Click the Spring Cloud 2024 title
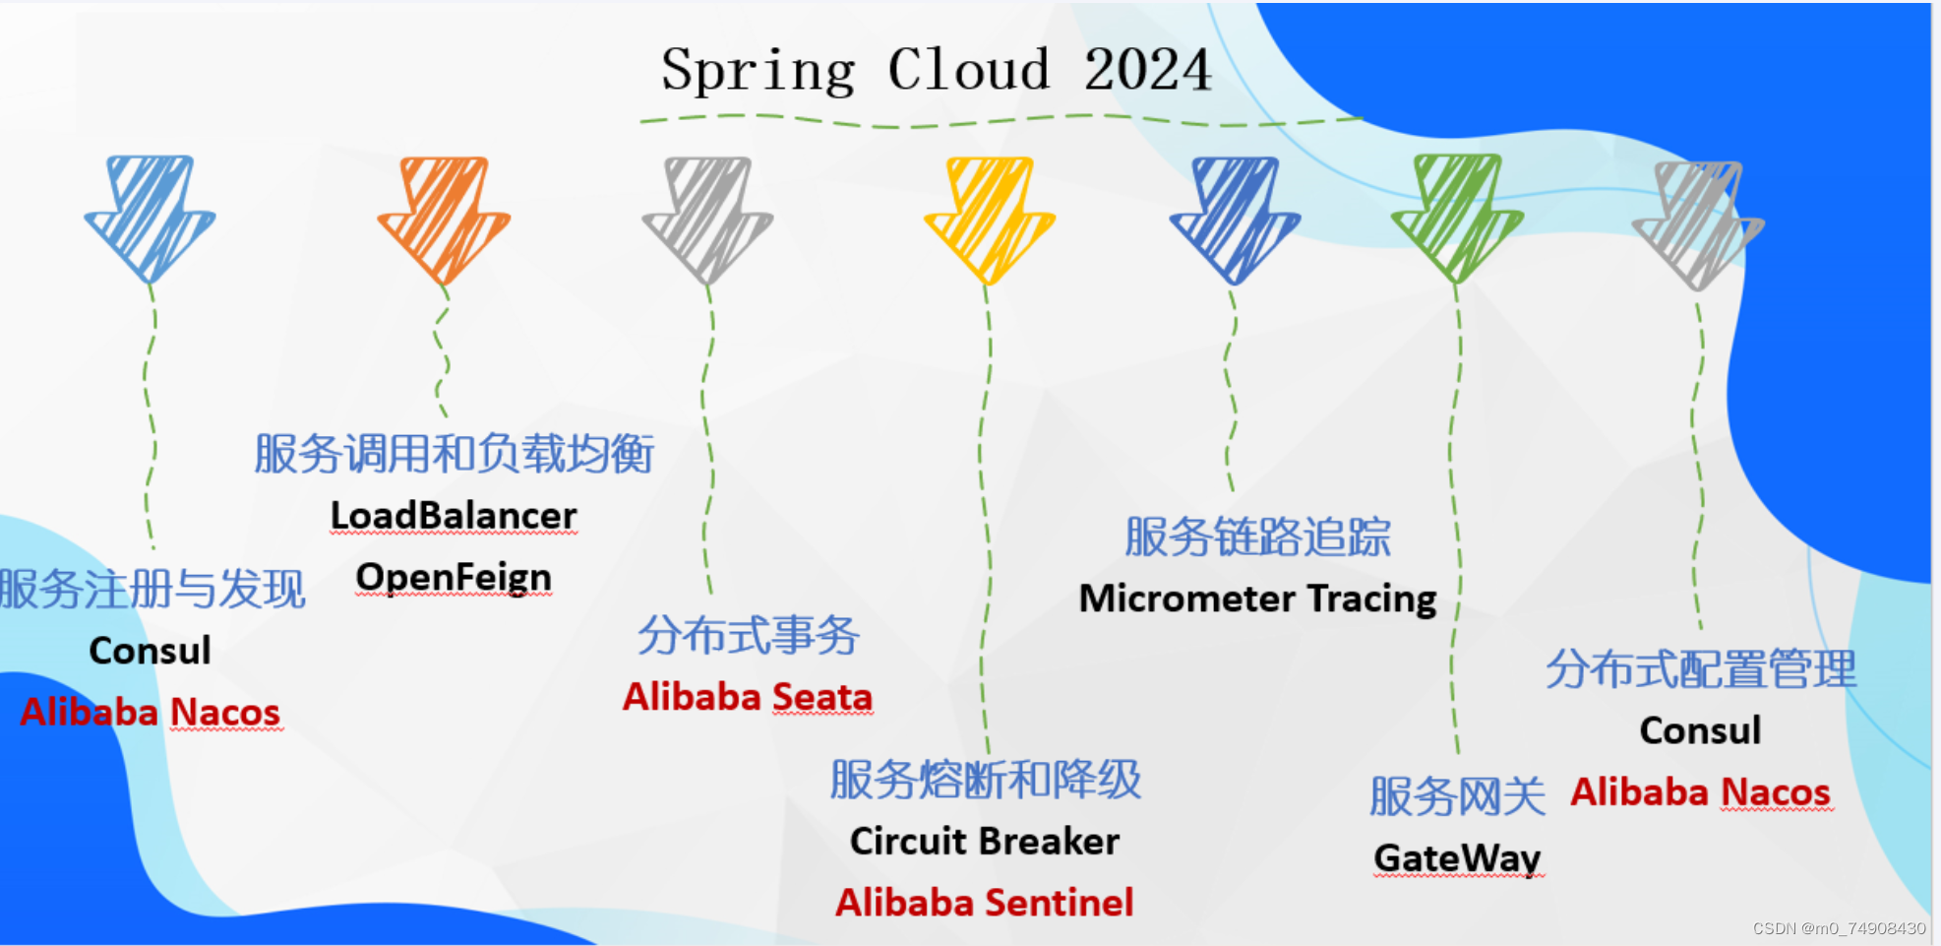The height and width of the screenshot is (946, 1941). pyautogui.click(x=936, y=70)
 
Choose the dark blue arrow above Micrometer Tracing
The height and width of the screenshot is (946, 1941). pyautogui.click(x=1235, y=219)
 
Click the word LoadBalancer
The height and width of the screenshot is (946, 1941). pyautogui.click(x=454, y=515)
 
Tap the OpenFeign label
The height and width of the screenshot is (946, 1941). pyautogui.click(x=454, y=577)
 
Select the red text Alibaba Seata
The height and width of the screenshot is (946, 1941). pyautogui.click(x=748, y=697)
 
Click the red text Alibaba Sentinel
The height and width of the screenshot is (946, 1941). pyautogui.click(x=985, y=903)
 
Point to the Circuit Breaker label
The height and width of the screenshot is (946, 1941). pyautogui.click(x=985, y=842)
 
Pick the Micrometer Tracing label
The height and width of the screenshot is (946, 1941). pyautogui.click(x=1257, y=599)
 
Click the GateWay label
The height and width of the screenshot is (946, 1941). pyautogui.click(x=1457, y=858)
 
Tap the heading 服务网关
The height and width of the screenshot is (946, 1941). pyautogui.click(x=1457, y=796)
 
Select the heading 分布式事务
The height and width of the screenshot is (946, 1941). pyautogui.click(x=749, y=635)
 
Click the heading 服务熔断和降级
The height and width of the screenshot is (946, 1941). pyautogui.click(x=985, y=780)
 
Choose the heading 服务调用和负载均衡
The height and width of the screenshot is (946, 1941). pyautogui.click(x=454, y=454)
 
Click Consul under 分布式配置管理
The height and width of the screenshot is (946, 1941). pyautogui.click(x=1700, y=730)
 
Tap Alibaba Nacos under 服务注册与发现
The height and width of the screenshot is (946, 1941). pyautogui.click(x=151, y=712)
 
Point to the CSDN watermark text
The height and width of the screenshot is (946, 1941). pyautogui.click(x=1839, y=928)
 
